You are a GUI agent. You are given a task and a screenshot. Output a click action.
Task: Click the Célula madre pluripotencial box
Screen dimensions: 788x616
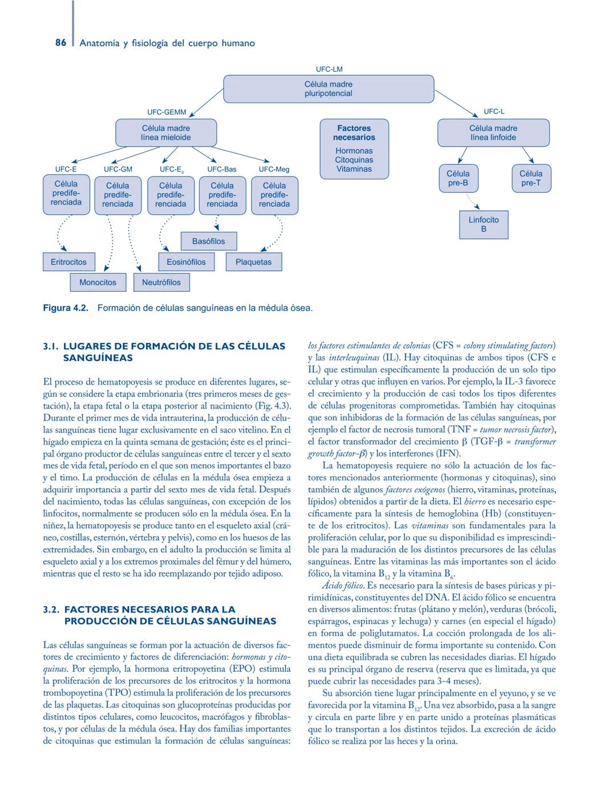[328, 89]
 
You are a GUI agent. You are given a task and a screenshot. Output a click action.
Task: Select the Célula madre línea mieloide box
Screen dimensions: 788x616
[166, 133]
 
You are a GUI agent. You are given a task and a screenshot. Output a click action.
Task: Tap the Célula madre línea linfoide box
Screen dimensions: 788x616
[493, 133]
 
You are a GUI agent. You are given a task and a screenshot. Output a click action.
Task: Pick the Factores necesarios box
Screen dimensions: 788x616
[354, 148]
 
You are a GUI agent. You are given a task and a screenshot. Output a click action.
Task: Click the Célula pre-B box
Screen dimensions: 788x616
[458, 178]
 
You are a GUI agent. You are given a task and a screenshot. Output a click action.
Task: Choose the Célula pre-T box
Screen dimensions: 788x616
[531, 178]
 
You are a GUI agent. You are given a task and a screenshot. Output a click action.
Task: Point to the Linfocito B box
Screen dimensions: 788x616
[484, 224]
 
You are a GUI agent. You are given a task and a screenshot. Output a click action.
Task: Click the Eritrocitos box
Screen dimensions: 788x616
[68, 262]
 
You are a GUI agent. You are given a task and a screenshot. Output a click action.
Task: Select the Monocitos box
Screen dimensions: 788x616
[98, 282]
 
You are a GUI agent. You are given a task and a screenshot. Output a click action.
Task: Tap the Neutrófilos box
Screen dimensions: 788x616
[161, 282]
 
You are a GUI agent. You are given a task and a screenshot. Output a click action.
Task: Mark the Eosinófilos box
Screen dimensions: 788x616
[186, 262]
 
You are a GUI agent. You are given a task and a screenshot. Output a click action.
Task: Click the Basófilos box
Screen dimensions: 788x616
[208, 241]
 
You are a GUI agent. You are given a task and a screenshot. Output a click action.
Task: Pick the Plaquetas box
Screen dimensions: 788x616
[254, 262]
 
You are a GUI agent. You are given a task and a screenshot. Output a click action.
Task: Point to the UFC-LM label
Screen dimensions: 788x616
[329, 70]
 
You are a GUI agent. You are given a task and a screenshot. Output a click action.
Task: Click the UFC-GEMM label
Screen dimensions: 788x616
[167, 112]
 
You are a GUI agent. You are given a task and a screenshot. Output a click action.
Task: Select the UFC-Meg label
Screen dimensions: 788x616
[274, 169]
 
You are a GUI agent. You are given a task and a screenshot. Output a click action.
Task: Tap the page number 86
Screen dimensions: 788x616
[61, 43]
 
